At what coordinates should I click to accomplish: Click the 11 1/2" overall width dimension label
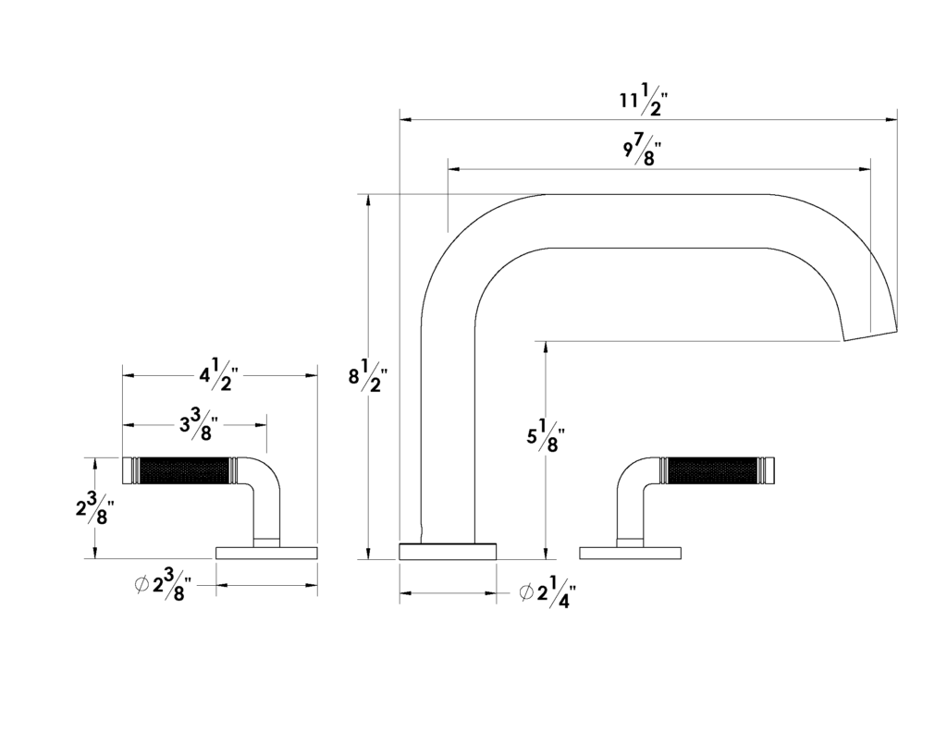coord(640,100)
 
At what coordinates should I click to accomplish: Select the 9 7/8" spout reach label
coord(642,149)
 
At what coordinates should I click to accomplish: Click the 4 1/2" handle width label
coord(220,375)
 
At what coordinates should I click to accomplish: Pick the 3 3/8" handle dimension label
coord(199,425)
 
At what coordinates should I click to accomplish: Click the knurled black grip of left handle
coord(184,470)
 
